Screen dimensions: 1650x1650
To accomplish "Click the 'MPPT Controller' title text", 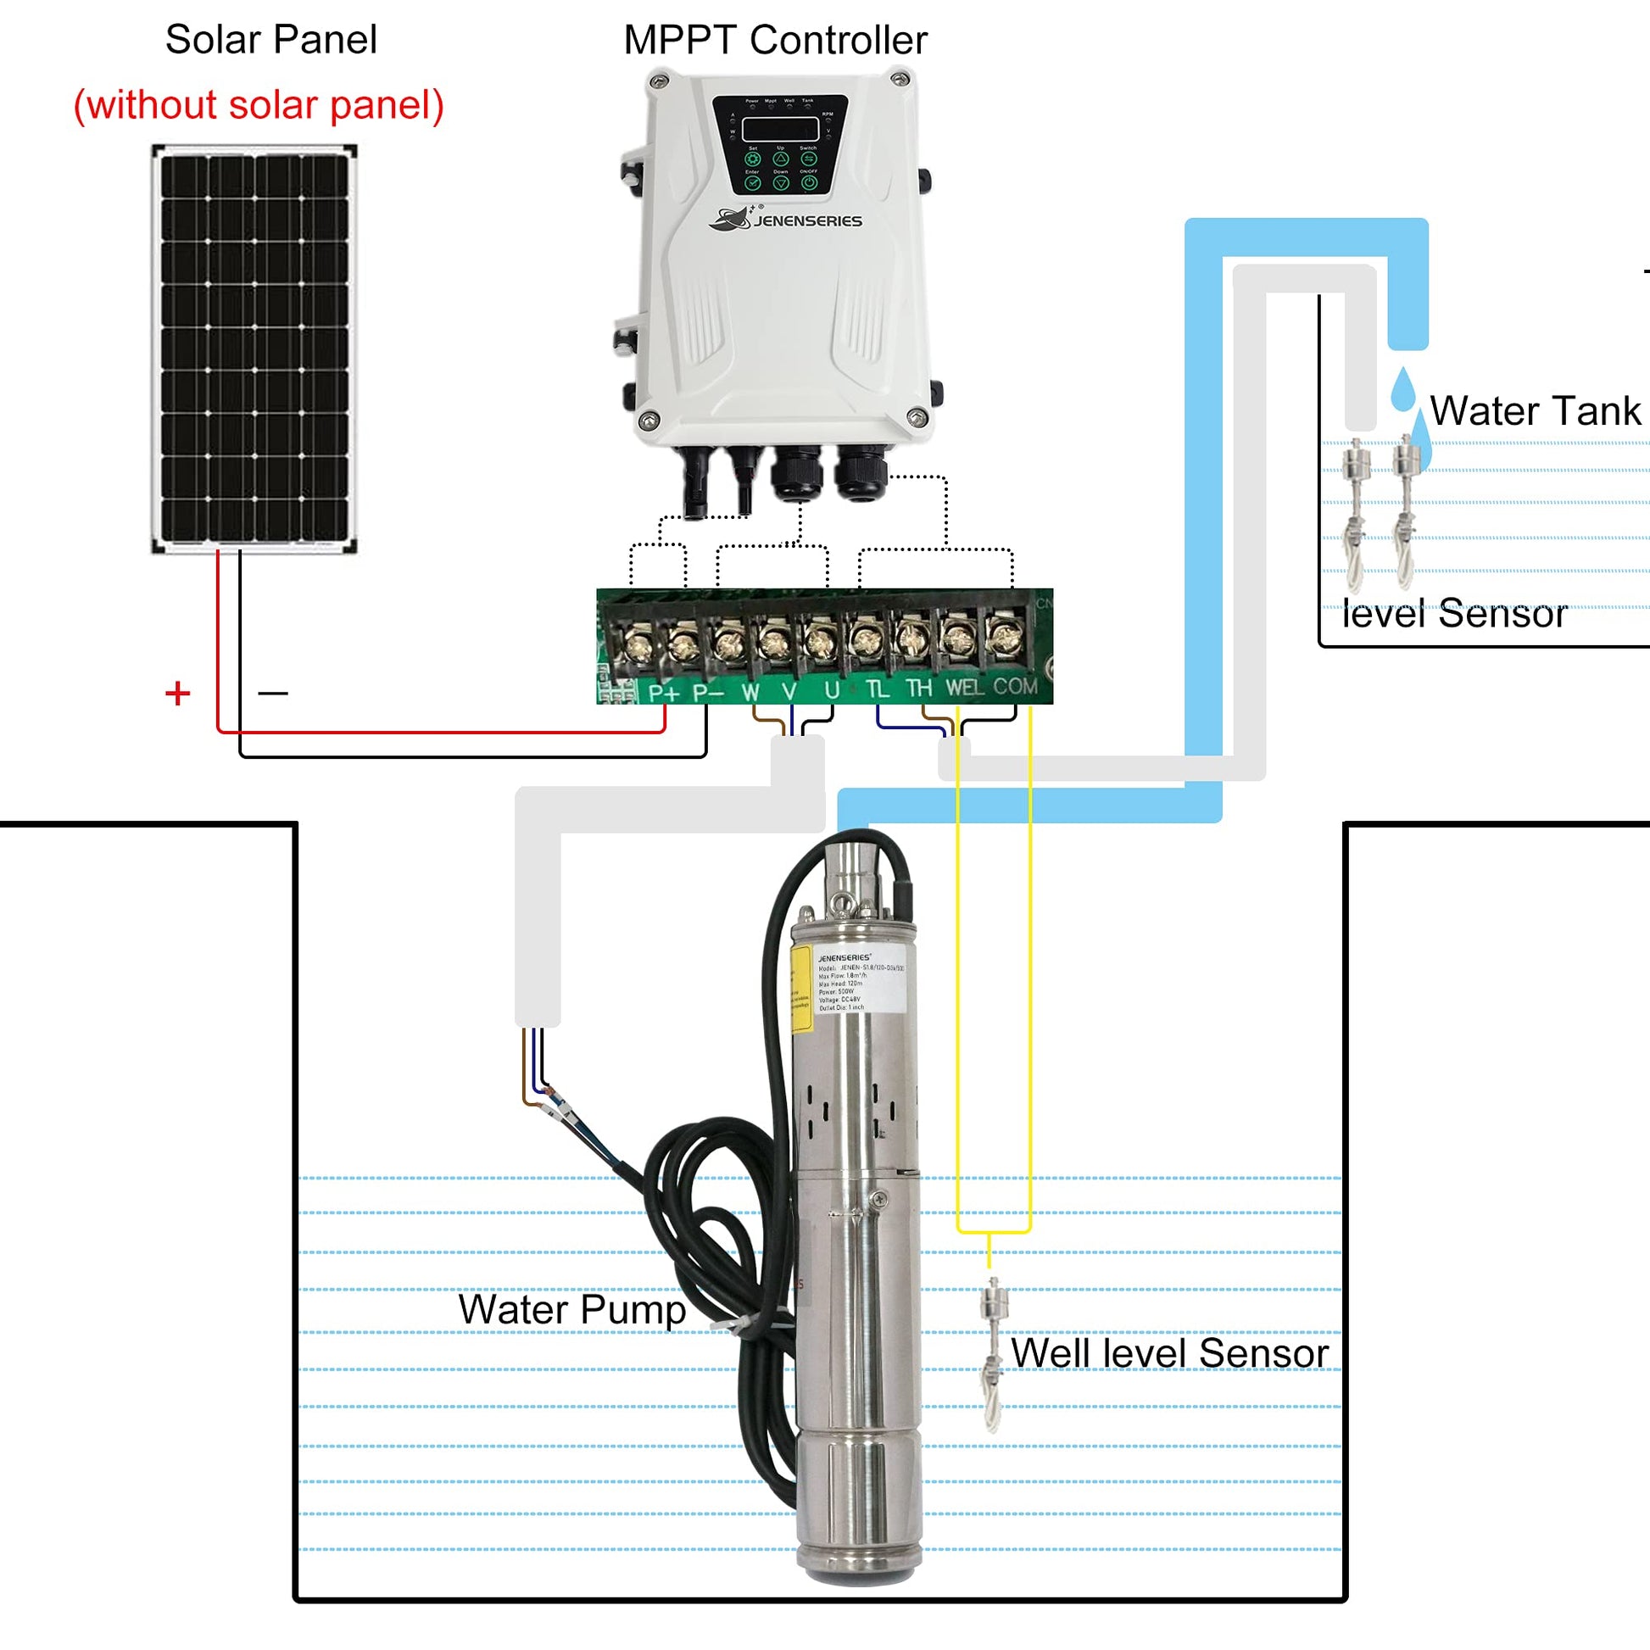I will (775, 40).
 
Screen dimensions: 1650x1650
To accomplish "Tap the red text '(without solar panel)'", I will (259, 105).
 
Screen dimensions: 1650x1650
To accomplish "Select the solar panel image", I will (254, 348).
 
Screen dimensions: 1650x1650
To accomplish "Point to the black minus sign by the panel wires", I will (272, 693).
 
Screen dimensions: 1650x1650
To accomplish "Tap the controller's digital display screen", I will (780, 129).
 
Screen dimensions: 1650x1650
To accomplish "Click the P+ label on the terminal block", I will (663, 692).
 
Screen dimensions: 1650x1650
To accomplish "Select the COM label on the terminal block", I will (1015, 687).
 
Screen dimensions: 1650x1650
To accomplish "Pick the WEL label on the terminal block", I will (964, 688).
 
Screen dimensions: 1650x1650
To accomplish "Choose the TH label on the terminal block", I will (918, 688).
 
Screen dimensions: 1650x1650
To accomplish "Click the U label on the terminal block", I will (831, 690).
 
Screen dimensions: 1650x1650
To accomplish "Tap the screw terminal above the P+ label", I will (637, 643).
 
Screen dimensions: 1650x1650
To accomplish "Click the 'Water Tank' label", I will (1535, 410).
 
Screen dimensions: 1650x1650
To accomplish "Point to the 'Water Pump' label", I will (571, 1309).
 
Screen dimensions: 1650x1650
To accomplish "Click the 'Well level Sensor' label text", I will (1169, 1352).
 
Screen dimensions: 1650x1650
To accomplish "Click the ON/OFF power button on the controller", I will (809, 183).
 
